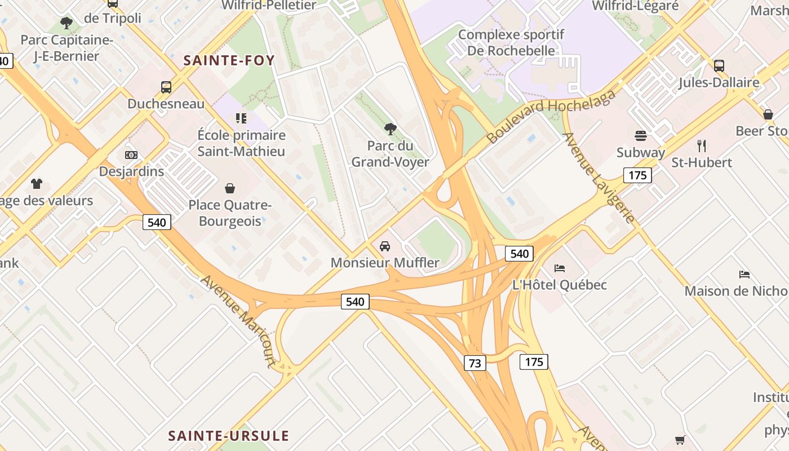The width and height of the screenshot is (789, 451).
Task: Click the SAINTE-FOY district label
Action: click(x=229, y=60)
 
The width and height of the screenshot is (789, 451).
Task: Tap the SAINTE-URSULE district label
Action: click(x=228, y=436)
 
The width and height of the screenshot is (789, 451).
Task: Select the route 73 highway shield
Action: click(x=475, y=363)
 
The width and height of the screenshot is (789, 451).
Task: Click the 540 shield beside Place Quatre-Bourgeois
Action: click(x=156, y=222)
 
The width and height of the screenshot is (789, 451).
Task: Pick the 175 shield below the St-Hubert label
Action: click(x=637, y=175)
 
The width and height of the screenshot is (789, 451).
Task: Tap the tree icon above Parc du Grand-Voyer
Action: click(x=390, y=129)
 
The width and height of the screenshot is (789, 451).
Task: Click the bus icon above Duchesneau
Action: click(x=166, y=87)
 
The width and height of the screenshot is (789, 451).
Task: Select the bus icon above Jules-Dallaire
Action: click(x=719, y=66)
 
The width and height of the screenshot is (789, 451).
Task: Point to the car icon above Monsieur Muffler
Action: click(x=385, y=246)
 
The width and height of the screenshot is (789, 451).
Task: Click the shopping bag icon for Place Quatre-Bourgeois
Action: click(x=230, y=188)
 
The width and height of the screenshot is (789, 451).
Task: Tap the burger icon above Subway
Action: click(x=640, y=136)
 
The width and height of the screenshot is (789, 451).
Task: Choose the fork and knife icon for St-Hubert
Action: click(x=702, y=146)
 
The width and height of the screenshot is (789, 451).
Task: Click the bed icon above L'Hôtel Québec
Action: click(x=560, y=268)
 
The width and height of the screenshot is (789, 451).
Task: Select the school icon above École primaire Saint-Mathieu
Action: click(x=241, y=118)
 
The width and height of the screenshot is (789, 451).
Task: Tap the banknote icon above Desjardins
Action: click(x=131, y=155)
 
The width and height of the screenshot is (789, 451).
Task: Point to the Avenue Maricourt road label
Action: click(x=237, y=321)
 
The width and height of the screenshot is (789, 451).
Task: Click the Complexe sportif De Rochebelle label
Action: click(x=511, y=42)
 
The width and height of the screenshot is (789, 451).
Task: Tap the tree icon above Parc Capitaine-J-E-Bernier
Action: click(x=67, y=23)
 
